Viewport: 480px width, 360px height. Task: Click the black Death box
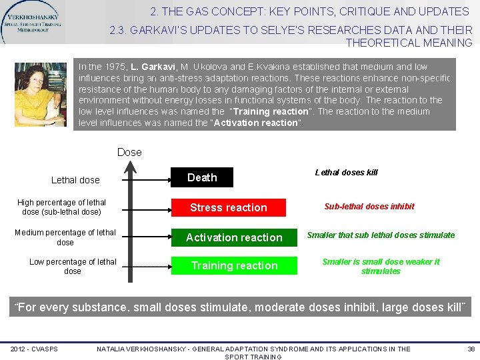point(202,177)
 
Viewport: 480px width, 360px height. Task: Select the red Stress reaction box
point(228,208)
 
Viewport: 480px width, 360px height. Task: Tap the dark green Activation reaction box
point(234,237)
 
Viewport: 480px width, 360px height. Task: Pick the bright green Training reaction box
point(234,265)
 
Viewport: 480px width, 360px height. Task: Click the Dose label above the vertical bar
point(129,152)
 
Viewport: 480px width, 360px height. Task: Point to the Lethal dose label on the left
point(75,180)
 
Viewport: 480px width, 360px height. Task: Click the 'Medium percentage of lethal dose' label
point(65,237)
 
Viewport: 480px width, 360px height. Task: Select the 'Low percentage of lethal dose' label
point(73,266)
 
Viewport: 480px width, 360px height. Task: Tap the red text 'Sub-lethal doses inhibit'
point(369,207)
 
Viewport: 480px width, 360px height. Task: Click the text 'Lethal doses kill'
point(346,172)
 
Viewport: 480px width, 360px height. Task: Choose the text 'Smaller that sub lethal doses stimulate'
point(381,235)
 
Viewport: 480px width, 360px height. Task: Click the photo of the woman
point(41,94)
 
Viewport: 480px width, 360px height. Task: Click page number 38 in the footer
point(471,349)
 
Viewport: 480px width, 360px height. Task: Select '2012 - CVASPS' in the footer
point(33,349)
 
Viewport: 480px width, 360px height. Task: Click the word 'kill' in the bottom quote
point(450,307)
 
